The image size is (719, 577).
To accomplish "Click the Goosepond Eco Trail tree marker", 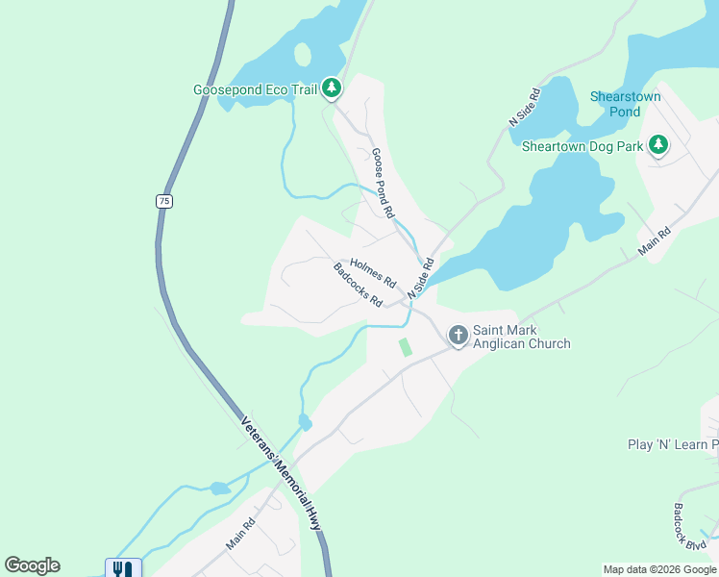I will coord(332,89).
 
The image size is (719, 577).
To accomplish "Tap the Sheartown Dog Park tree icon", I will coord(658,146).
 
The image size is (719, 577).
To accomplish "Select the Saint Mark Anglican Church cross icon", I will coord(459,335).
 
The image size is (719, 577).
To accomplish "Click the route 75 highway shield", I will coord(164,201).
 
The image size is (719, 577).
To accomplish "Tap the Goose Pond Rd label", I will coord(383,181).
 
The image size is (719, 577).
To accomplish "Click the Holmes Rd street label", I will coord(373,273).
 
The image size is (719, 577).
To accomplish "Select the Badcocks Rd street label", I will coord(358,286).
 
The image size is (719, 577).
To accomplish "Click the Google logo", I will coord(32,565).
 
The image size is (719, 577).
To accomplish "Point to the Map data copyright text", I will coord(659,569).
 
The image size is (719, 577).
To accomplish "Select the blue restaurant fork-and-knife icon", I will coord(123,568).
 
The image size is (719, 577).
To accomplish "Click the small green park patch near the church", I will coord(405,346).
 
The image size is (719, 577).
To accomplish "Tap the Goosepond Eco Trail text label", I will coord(255,89).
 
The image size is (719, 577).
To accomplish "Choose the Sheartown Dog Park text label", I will coord(581,147).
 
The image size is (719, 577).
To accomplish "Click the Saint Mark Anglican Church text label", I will coord(522,337).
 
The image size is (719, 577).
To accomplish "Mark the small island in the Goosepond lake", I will coord(303,54).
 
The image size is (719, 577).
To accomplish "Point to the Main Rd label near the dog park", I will coord(653,239).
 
